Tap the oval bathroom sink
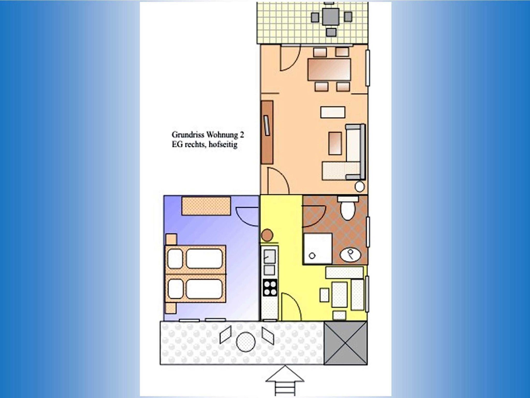click(350, 255)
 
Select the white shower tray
click(318, 248)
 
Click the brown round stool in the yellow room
click(267, 235)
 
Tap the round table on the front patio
click(246, 342)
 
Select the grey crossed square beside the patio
click(345, 343)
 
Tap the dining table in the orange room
click(329, 69)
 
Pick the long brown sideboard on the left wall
click(267, 132)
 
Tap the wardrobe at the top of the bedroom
click(206, 206)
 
